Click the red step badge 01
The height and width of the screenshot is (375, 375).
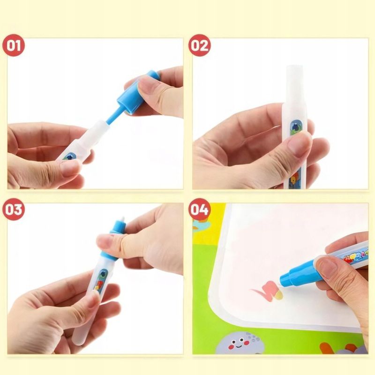pyautogui.click(x=16, y=45)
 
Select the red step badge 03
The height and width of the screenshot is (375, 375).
pyautogui.click(x=16, y=210)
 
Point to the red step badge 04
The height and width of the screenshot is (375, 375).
pyautogui.click(x=199, y=210)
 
